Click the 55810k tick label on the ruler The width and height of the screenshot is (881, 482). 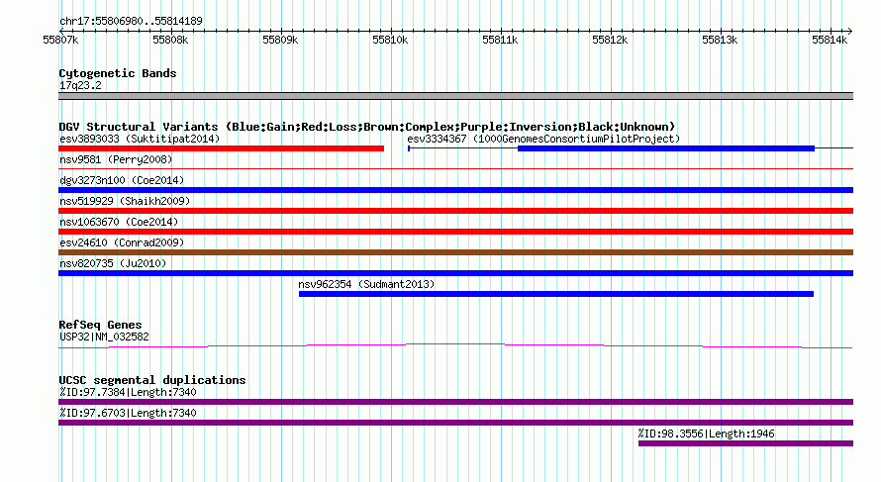coord(390,41)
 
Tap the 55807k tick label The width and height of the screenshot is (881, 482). coord(60,41)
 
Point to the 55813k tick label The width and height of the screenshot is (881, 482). coord(720,41)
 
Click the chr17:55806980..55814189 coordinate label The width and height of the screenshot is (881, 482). coord(131,22)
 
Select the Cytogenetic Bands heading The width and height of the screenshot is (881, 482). coord(118,73)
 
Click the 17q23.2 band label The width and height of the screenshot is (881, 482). coord(80,85)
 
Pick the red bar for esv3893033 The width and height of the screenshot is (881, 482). coord(222,148)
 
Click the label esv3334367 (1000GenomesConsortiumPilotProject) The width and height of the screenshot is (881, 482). coord(543,139)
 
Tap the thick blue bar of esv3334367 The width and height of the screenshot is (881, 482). coord(666,148)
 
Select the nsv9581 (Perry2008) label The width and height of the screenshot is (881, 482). coord(116,159)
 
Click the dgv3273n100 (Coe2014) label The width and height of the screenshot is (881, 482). coord(122,180)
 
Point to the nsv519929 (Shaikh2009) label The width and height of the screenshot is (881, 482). coord(125,201)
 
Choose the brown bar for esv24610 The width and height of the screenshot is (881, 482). coord(455,252)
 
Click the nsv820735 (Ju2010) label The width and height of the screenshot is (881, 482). coord(113,263)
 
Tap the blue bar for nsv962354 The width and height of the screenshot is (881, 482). coord(556,294)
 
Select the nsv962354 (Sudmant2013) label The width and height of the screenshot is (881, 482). coord(366,284)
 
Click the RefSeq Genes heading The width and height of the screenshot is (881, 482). coord(100,325)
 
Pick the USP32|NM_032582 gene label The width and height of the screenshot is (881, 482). coord(104,337)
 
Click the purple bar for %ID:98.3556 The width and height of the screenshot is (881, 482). coord(745,443)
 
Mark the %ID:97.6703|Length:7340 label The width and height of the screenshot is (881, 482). coord(128,413)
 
